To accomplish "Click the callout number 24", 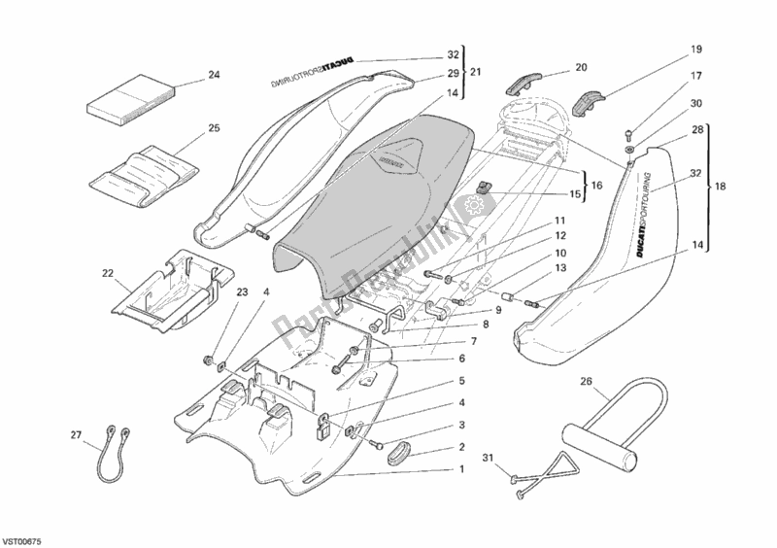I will pos(214,74).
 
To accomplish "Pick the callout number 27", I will pos(74,435).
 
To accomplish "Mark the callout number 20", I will pos(582,67).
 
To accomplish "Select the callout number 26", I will pos(587,381).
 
